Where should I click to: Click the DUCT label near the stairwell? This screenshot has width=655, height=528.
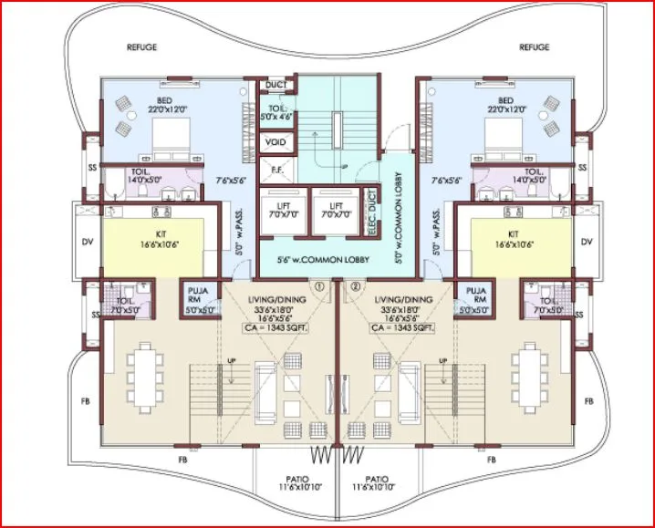click(x=276, y=85)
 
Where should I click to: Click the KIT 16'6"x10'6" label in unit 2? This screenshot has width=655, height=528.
click(x=515, y=240)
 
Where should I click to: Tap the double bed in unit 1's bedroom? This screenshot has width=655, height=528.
click(x=162, y=140)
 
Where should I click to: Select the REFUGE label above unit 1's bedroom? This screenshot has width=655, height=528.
click(x=142, y=47)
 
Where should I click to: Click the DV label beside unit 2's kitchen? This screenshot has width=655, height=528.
click(x=587, y=242)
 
